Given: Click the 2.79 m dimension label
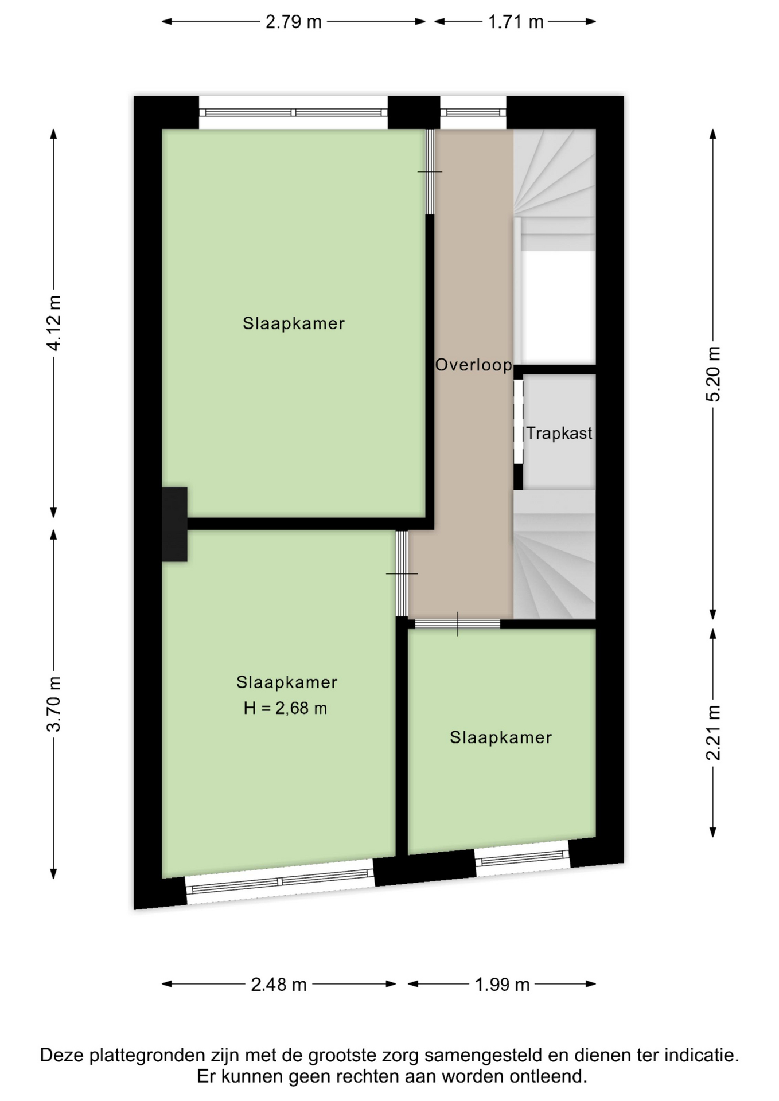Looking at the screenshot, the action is (x=293, y=22).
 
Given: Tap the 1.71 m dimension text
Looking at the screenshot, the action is (x=515, y=22).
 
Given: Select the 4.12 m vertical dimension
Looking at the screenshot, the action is (x=54, y=323).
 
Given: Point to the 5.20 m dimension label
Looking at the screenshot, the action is (x=712, y=374).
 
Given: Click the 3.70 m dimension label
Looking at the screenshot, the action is (x=54, y=704).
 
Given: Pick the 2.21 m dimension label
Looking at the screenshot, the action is (x=712, y=732).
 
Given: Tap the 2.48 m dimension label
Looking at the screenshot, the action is (x=279, y=985).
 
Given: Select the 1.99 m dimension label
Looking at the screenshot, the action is (x=502, y=985).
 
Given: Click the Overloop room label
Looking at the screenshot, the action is (x=474, y=365).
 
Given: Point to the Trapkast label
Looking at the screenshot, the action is (x=559, y=433).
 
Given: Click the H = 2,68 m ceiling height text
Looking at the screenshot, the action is (x=285, y=708).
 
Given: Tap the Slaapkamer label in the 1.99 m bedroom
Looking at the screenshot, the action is (x=501, y=737).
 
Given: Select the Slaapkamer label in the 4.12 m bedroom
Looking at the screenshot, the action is (x=294, y=323).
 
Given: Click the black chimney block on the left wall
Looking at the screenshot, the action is (x=174, y=524).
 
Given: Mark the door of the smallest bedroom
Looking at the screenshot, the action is (x=457, y=624).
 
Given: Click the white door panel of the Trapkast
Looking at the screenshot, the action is (x=518, y=421).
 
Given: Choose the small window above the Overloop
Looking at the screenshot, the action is (x=473, y=112).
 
